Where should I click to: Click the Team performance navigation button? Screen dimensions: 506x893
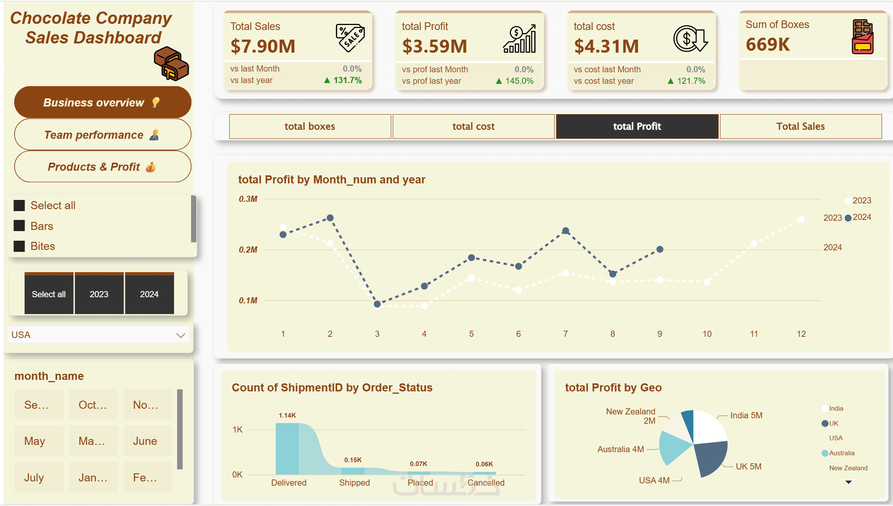(x=102, y=135)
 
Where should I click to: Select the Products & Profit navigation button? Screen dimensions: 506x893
(x=102, y=166)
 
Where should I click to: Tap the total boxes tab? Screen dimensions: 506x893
(x=310, y=126)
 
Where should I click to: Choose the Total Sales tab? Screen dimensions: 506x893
(x=800, y=126)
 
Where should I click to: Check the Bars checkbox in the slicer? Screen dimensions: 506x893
(x=19, y=226)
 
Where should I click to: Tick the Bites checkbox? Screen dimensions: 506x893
(x=19, y=246)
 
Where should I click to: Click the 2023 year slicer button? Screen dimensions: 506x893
(x=99, y=294)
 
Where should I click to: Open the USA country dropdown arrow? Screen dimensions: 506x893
(x=181, y=335)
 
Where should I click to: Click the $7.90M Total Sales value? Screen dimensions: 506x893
(x=263, y=46)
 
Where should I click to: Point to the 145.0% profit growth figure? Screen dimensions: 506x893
(x=519, y=81)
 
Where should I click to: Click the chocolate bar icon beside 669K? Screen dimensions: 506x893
(x=863, y=37)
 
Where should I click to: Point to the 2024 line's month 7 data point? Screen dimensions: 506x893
(x=565, y=231)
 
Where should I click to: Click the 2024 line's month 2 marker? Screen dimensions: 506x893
(x=330, y=218)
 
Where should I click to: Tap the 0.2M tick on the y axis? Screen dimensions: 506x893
(x=248, y=250)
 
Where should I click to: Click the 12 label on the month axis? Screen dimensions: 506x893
(x=801, y=334)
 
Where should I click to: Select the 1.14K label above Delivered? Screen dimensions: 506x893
(x=287, y=415)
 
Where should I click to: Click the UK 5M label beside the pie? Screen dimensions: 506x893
(x=748, y=466)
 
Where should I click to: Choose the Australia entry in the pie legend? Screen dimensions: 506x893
(x=841, y=453)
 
